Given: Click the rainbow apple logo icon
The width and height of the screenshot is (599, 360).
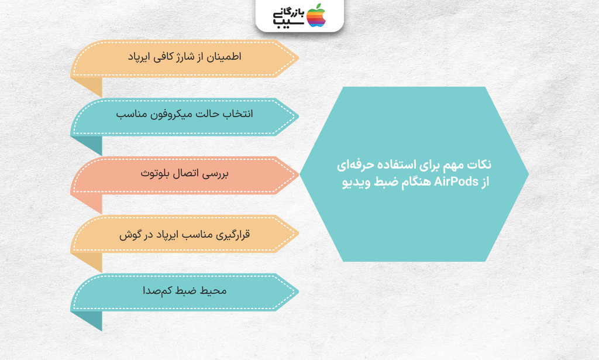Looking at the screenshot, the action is (x=316, y=15).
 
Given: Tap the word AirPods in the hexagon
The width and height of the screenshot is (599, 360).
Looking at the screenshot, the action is (x=456, y=181).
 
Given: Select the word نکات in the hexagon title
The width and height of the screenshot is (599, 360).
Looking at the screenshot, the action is (x=480, y=164).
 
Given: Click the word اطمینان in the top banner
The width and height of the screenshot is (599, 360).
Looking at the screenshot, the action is (x=224, y=57).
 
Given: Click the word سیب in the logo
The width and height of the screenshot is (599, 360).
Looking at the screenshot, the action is (x=289, y=23).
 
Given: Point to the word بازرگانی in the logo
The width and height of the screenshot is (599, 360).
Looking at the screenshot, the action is (x=289, y=13).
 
